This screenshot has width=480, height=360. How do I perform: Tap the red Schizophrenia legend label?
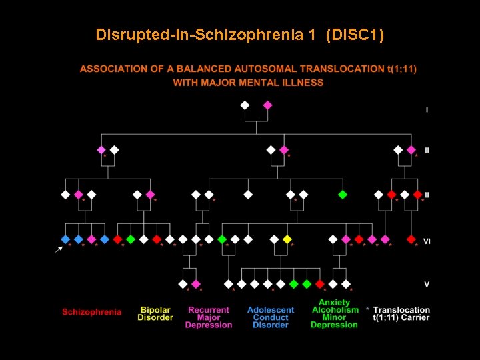(x=92, y=311)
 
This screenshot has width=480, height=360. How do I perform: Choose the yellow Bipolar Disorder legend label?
(x=155, y=313)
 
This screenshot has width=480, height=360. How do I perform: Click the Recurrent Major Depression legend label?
(x=209, y=317)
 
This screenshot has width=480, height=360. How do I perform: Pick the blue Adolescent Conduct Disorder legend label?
(x=271, y=317)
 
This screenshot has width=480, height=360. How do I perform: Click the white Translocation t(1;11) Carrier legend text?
(x=401, y=314)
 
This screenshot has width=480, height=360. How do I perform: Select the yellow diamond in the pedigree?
(x=287, y=239)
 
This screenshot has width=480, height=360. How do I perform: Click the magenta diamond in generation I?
(x=267, y=105)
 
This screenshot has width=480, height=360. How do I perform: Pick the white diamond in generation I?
(x=245, y=105)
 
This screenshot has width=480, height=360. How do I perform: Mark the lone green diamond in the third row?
(x=343, y=195)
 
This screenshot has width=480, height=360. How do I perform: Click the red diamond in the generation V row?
(x=320, y=284)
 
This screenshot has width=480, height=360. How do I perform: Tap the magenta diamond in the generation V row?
(x=196, y=284)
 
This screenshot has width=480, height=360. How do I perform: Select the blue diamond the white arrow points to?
(x=65, y=239)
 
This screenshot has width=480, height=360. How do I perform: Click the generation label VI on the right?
(x=427, y=241)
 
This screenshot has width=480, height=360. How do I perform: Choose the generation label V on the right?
(x=427, y=285)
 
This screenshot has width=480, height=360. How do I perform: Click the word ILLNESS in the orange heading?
(x=304, y=83)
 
